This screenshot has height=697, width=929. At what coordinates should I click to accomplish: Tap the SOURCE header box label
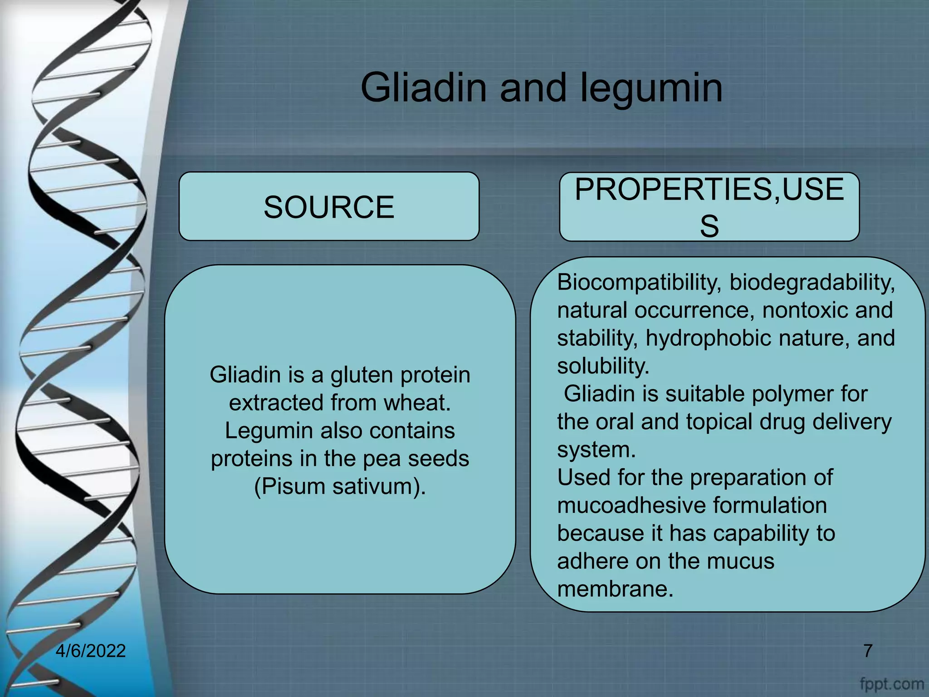tap(329, 207)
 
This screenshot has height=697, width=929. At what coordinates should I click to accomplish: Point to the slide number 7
tap(867, 651)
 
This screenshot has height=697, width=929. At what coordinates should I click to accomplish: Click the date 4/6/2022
tap(90, 651)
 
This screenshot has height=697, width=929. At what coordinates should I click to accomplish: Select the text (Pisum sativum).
tap(340, 486)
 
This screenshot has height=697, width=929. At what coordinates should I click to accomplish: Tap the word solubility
tap(603, 366)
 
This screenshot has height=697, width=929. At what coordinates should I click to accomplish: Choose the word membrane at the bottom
tap(615, 589)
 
